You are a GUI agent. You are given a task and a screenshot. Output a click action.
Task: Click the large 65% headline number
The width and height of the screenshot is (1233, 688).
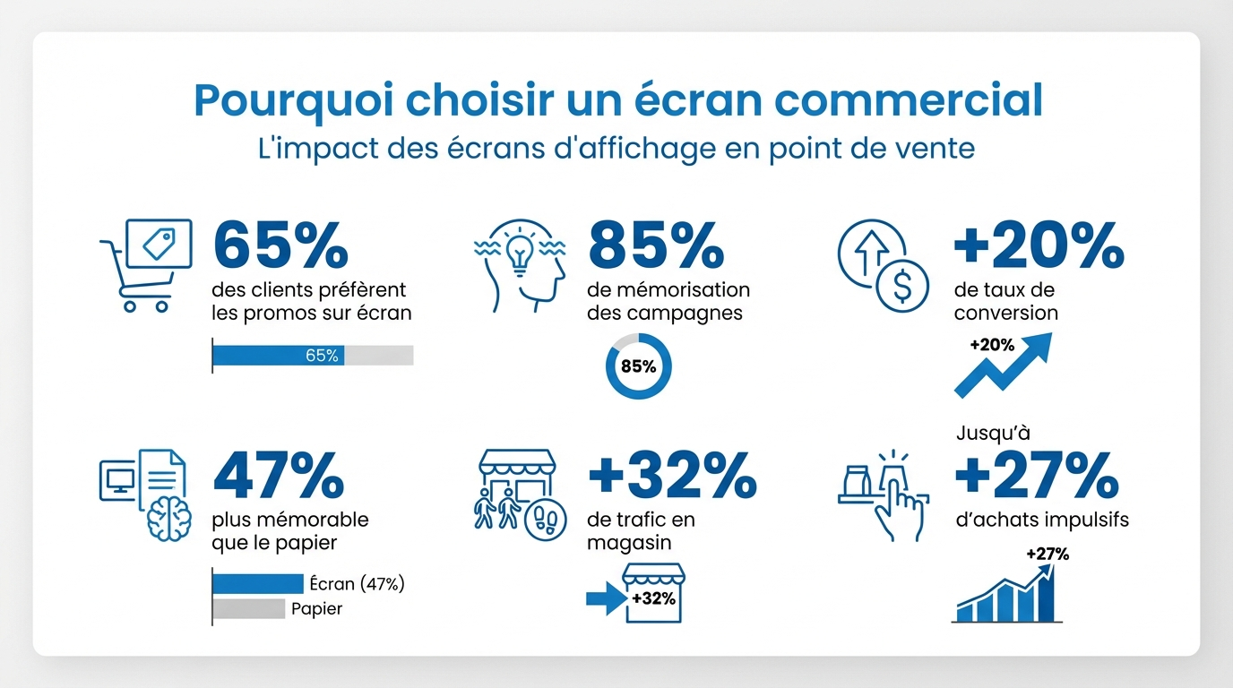click(280, 245)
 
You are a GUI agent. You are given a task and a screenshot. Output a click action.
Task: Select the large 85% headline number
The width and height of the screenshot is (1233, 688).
click(656, 245)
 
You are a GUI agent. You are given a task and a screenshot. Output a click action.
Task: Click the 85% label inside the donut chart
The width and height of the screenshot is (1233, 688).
click(639, 366)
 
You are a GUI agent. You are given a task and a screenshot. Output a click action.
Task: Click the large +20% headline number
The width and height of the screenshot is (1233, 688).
click(1039, 245)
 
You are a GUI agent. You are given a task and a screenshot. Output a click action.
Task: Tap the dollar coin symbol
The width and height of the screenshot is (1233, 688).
click(902, 286)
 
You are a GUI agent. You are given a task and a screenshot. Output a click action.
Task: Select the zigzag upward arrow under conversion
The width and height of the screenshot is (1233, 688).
click(1003, 365)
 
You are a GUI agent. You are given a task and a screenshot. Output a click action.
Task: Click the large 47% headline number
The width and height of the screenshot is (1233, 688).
click(279, 475)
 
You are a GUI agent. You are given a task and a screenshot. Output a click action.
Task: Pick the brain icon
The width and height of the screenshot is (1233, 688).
click(169, 518)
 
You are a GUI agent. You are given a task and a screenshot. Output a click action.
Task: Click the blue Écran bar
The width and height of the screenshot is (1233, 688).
click(258, 583)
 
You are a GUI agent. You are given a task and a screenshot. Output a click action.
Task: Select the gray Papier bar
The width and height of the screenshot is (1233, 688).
click(249, 609)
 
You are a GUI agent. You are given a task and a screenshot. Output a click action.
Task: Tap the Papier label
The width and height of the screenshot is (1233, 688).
click(316, 609)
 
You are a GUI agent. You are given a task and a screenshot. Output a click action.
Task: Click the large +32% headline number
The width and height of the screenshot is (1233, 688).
click(673, 475)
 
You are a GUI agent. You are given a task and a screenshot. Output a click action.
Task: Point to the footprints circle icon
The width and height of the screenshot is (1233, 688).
click(546, 520)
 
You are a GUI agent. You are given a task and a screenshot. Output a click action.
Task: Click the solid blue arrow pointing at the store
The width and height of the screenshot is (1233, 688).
click(607, 598)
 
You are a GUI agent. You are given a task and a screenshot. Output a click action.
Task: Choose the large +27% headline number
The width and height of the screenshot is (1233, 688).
click(1037, 475)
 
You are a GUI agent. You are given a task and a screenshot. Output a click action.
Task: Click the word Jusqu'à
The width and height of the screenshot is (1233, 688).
click(993, 434)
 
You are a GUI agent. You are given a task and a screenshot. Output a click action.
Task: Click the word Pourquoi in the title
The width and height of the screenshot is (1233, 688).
click(294, 100)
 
